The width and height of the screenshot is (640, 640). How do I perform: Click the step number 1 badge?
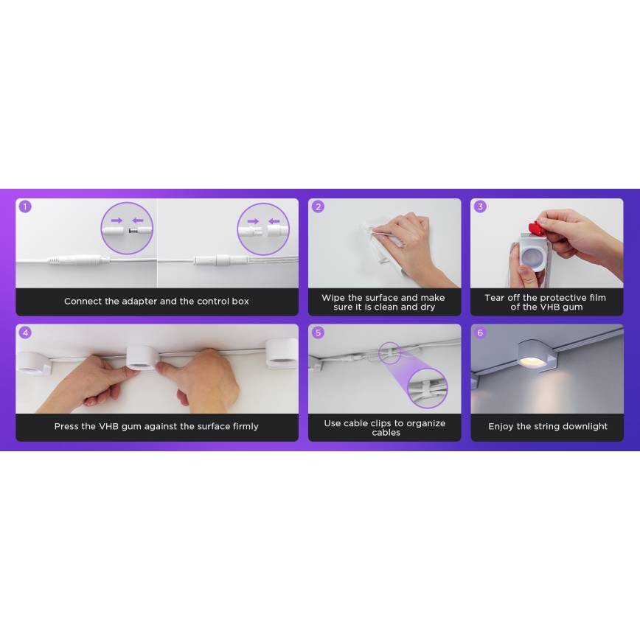point(25,206)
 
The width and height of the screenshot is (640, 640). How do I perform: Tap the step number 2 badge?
point(318,206)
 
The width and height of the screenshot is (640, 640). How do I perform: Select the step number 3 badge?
point(480,206)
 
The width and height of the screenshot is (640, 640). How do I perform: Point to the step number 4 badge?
point(25,333)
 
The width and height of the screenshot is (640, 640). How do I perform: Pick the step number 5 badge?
point(318,333)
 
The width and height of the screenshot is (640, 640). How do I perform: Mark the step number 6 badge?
point(480,333)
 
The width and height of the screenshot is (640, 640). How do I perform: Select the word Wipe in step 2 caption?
point(333,298)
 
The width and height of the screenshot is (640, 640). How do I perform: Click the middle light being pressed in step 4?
point(142,355)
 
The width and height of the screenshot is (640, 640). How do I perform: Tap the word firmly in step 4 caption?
point(244,427)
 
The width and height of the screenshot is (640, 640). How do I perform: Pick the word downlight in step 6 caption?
point(585,427)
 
